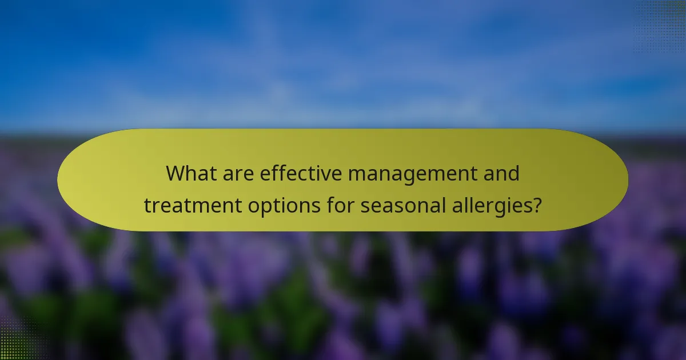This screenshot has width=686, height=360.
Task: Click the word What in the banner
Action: pyautogui.click(x=190, y=173)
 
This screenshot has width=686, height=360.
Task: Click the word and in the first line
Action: pyautogui.click(x=501, y=173)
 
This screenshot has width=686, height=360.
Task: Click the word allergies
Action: pyautogui.click(x=494, y=206)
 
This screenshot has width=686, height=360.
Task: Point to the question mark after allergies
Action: pyautogui.click(x=536, y=205)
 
